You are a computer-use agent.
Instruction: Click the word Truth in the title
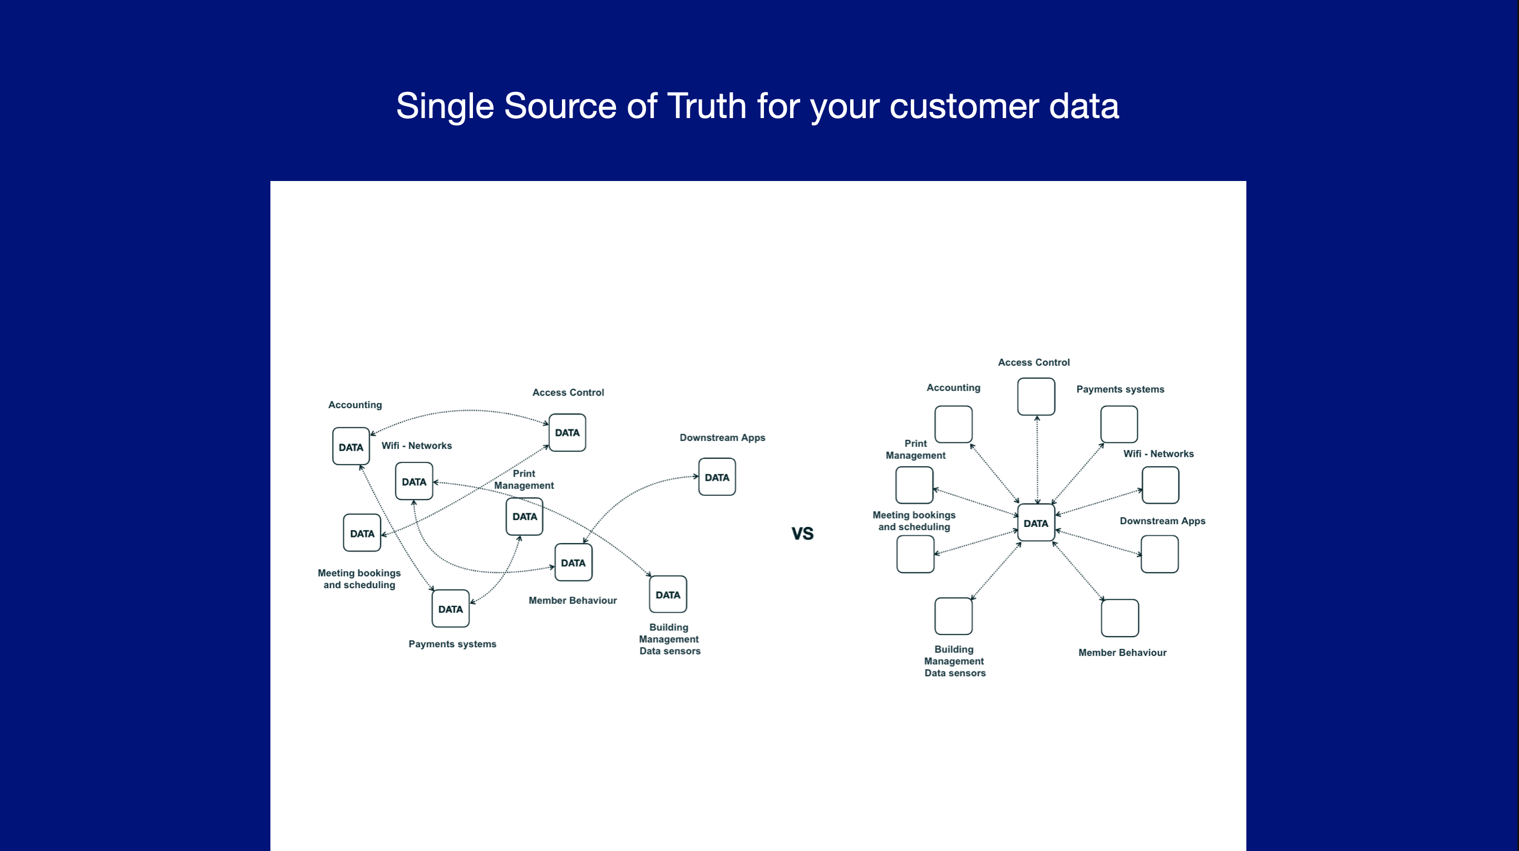707,106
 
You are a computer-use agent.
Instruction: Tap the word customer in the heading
964,106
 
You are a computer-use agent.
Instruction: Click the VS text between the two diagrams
802,534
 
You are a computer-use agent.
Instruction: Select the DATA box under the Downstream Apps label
717,477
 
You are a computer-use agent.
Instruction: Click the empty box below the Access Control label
1035,397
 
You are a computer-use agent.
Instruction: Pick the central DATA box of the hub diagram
1035,523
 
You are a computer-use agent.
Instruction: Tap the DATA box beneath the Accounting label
351,447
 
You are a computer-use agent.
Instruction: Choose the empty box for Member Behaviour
1119,618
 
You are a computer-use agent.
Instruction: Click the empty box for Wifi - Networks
1160,485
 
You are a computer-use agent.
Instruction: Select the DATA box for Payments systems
451,608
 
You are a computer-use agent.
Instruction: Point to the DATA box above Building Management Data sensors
668,594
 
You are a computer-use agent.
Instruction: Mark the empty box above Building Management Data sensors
953,616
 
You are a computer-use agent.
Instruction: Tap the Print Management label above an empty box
915,449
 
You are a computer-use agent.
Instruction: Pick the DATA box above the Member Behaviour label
573,563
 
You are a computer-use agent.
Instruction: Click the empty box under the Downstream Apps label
1160,554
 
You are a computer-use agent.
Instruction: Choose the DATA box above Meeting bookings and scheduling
362,533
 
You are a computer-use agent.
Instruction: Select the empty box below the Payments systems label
1118,424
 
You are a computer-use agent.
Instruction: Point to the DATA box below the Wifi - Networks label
414,482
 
